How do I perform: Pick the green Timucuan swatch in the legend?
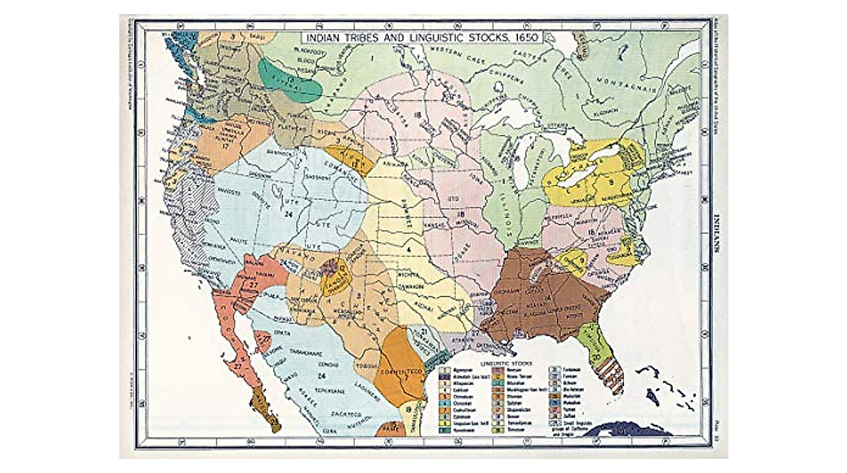(x=497, y=431)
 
